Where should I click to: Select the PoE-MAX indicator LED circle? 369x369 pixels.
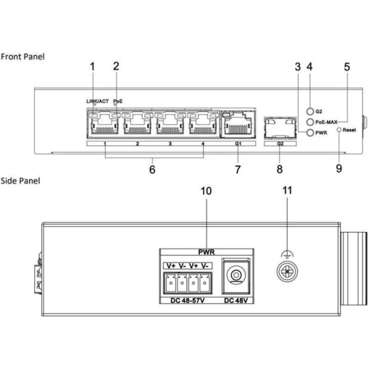tap(310, 122)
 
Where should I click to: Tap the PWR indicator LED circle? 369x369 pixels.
tap(310, 133)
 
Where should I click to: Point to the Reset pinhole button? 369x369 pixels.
tap(339, 130)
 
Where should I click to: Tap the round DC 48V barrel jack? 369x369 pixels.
tap(236, 275)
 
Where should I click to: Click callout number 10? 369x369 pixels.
tap(207, 191)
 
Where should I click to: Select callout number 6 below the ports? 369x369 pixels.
tap(152, 169)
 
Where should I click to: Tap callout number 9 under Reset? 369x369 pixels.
tap(339, 169)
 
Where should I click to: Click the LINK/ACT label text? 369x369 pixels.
tap(97, 101)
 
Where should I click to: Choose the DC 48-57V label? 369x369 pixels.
tap(188, 301)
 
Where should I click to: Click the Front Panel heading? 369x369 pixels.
tap(23, 56)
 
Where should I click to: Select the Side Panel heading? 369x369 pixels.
tap(20, 180)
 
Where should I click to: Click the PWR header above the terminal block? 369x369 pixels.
tap(207, 252)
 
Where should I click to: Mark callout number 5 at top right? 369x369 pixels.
tap(347, 67)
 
